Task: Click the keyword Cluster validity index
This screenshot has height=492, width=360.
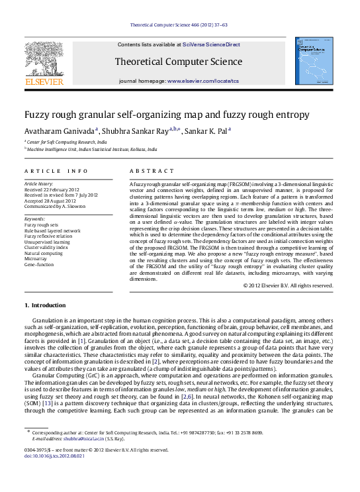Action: [47, 247]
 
